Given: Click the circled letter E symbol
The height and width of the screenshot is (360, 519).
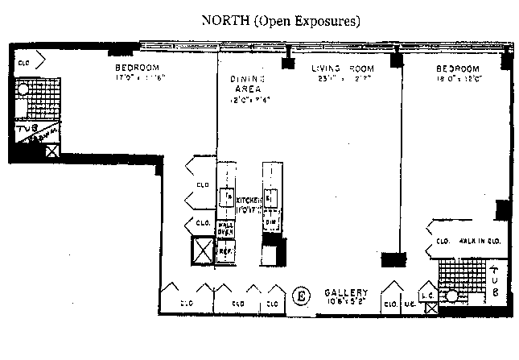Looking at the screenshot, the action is [x=303, y=295].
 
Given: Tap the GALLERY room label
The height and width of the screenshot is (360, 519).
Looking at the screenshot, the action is [x=346, y=292].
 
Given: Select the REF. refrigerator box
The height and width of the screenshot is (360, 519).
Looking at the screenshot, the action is [x=225, y=250].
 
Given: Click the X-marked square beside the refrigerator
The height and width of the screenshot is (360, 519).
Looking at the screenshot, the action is [x=202, y=251].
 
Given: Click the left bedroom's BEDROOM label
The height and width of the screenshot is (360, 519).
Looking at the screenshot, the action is [x=138, y=68].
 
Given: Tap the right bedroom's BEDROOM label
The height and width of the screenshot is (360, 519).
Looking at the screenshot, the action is [x=458, y=68].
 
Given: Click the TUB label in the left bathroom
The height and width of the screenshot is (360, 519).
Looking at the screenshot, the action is [x=26, y=128].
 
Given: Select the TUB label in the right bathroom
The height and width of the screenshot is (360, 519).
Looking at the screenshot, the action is [x=496, y=279].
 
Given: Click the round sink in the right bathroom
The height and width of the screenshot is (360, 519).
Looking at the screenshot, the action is [x=452, y=296].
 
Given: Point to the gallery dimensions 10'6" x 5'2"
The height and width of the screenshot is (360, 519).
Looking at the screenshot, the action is [x=346, y=302].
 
